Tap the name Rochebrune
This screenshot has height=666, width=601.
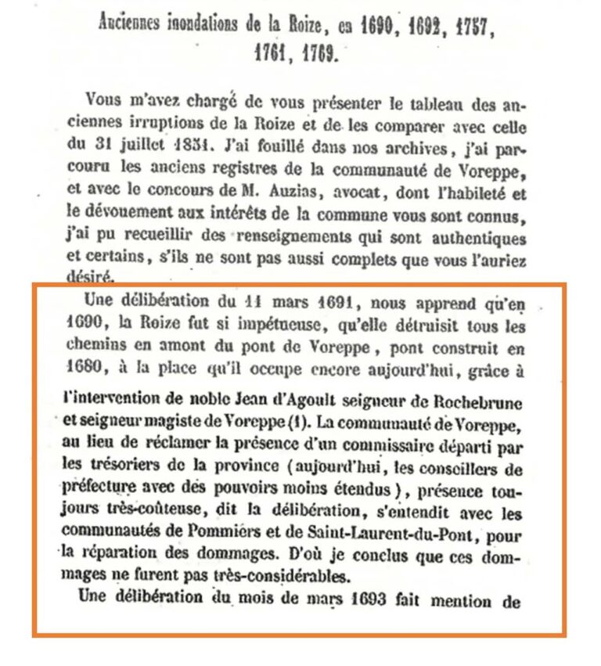[473, 403]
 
